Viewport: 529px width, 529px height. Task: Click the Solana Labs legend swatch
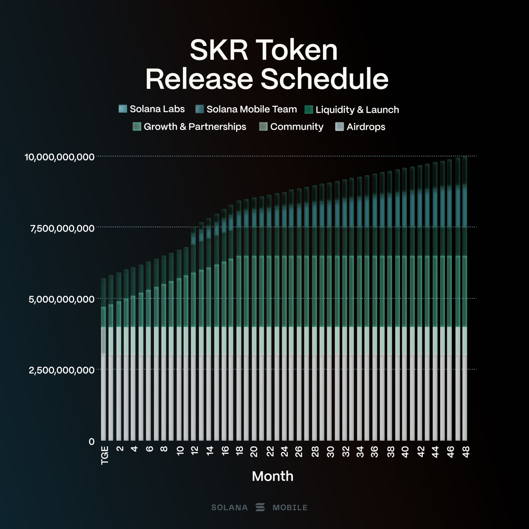click(123, 109)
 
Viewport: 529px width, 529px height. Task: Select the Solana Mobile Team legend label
click(251, 109)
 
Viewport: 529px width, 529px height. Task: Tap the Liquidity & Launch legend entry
click(357, 110)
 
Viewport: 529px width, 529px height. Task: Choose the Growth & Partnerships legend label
click(195, 126)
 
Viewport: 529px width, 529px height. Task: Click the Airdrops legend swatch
click(339, 127)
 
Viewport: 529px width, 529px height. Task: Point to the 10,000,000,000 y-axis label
click(60, 157)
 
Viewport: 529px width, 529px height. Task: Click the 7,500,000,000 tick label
click(62, 228)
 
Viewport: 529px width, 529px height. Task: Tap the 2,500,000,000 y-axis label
click(62, 370)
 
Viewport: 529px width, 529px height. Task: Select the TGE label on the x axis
click(105, 455)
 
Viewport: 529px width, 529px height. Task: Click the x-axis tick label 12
click(195, 451)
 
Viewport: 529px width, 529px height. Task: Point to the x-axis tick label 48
click(465, 452)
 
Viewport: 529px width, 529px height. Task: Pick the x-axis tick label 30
click(331, 452)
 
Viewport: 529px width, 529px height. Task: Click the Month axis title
click(273, 476)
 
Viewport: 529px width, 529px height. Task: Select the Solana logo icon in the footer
click(260, 507)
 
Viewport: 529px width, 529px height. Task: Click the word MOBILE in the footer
click(290, 508)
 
